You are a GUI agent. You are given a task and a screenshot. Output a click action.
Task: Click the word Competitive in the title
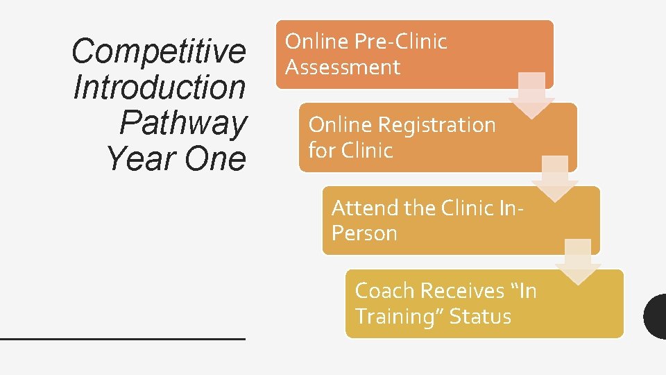pyautogui.click(x=158, y=51)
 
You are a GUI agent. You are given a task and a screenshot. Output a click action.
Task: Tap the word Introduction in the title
pyautogui.click(x=159, y=87)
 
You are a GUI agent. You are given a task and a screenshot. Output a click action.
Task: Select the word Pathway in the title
pyautogui.click(x=182, y=123)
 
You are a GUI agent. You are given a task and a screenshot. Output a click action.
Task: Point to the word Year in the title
pyautogui.click(x=141, y=159)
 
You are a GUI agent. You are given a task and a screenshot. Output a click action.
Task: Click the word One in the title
pyautogui.click(x=215, y=159)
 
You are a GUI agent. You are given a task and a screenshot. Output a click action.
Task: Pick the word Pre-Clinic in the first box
pyautogui.click(x=400, y=42)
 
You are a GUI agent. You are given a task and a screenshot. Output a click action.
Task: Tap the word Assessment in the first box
pyautogui.click(x=343, y=67)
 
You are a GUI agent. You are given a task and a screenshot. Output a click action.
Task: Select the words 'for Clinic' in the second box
pyautogui.click(x=350, y=151)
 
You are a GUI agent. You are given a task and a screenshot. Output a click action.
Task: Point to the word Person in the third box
pyautogui.click(x=364, y=233)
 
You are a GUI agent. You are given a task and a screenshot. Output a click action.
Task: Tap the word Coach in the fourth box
pyautogui.click(x=384, y=290)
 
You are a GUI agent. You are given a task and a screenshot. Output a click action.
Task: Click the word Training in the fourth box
pyautogui.click(x=398, y=317)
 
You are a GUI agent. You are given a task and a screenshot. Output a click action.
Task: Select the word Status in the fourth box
pyautogui.click(x=480, y=317)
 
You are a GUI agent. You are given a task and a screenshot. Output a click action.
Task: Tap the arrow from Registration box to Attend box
pyautogui.click(x=554, y=178)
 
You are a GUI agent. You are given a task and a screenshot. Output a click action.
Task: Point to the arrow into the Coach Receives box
pyautogui.click(x=577, y=262)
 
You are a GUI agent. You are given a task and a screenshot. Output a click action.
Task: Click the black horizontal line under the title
pyautogui.click(x=123, y=337)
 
